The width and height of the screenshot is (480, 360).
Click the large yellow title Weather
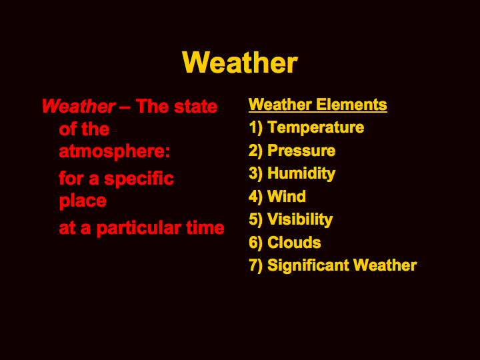pos(240,63)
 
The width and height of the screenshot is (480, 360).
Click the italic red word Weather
pos(79,106)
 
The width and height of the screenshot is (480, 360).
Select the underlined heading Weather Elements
pos(318,105)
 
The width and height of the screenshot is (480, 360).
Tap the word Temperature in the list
pos(315,127)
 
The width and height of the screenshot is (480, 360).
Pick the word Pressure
pos(301,150)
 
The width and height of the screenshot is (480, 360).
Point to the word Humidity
pos(301,173)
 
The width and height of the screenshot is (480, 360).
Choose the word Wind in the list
pos(286,196)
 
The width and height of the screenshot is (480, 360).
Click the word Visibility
pos(300,219)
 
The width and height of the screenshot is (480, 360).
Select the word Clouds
pos(294,243)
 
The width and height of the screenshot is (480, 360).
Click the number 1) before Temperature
pos(255,127)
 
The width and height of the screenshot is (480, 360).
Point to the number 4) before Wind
pos(255,197)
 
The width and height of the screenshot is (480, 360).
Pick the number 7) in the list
pos(255,266)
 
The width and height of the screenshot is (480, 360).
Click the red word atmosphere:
pos(114,151)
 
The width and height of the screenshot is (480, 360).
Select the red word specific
pos(139,179)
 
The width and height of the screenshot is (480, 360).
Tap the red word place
pos(83,201)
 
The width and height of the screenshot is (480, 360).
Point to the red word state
pos(195,107)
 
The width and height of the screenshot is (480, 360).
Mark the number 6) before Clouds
pos(255,243)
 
